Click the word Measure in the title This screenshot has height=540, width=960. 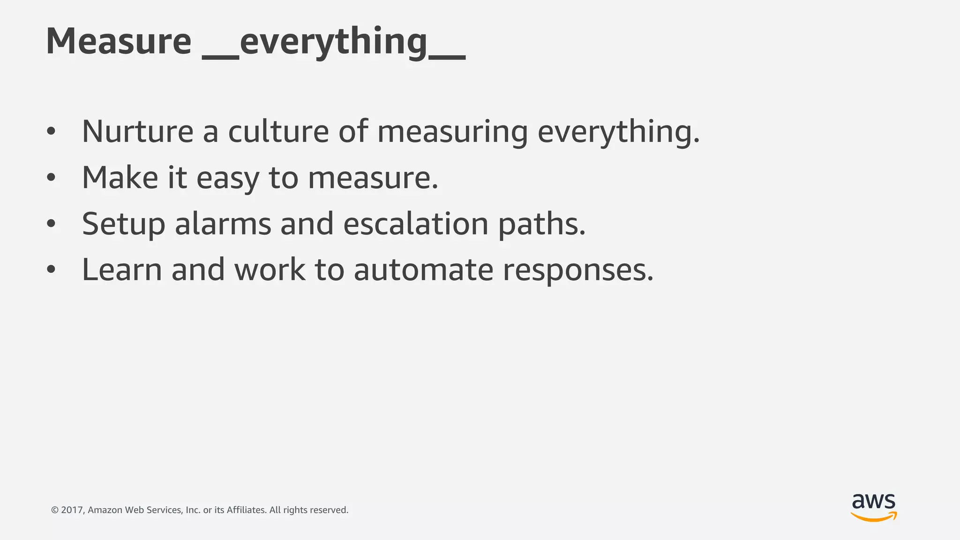click(119, 41)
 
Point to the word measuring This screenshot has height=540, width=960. click(452, 132)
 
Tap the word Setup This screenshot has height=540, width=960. click(123, 224)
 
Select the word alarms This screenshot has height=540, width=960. click(223, 224)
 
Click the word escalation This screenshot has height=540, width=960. click(416, 224)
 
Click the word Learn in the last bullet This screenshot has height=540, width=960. click(122, 270)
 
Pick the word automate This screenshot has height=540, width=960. click(423, 270)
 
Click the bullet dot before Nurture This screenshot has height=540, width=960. click(51, 132)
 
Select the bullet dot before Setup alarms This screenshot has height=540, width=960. click(51, 224)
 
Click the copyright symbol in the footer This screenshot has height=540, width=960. click(55, 510)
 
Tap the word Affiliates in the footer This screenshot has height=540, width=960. click(247, 510)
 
